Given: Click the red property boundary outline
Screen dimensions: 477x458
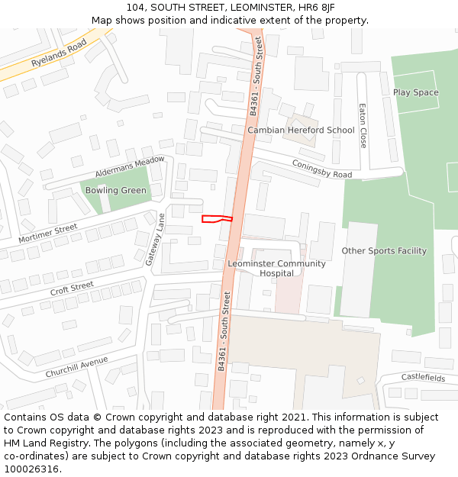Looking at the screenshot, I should (216, 219).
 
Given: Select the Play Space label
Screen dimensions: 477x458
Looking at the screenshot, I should (415, 92).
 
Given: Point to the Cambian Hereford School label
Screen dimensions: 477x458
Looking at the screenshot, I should (301, 130).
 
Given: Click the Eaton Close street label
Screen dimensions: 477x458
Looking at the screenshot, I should (363, 125).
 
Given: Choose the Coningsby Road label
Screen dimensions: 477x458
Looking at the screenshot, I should (321, 169).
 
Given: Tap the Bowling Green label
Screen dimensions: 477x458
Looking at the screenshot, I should (115, 190).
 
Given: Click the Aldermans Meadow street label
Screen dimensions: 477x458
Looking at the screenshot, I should (130, 167).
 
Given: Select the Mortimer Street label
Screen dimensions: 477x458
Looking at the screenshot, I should (47, 234).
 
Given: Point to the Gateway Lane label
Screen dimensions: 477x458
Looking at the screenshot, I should (156, 240).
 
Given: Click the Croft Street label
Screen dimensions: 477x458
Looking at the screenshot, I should (72, 289).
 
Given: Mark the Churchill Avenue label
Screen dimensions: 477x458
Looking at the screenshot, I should (76, 366).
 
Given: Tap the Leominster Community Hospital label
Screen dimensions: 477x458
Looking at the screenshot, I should (276, 268).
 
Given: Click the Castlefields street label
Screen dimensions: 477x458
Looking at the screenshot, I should (423, 378).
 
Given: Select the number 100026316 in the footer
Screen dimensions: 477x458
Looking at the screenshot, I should (32, 469).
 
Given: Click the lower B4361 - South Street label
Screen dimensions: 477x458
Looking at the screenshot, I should (222, 330).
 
